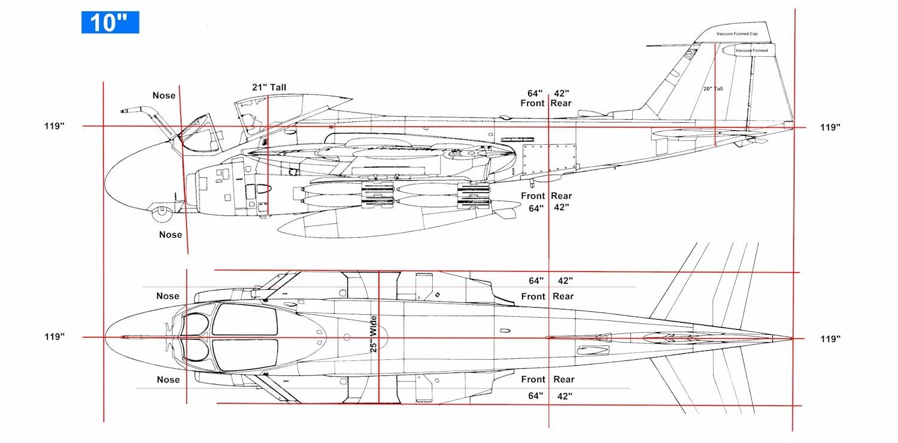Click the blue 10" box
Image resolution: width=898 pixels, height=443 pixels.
(x=110, y=22)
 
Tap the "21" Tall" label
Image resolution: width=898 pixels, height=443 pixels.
(x=269, y=87)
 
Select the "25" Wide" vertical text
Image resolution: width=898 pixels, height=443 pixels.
(x=374, y=333)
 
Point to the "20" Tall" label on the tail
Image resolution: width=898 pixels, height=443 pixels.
(x=713, y=89)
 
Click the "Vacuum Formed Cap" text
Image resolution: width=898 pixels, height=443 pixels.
(x=737, y=34)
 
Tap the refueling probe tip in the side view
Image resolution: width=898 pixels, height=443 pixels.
(x=124, y=111)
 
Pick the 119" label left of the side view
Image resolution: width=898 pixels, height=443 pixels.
(x=54, y=126)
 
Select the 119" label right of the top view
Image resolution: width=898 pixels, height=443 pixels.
(x=830, y=339)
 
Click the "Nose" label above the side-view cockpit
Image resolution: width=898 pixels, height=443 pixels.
(x=164, y=96)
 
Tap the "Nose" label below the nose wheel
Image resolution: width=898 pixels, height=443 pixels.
(x=171, y=235)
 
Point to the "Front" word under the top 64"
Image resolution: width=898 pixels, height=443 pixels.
(x=533, y=296)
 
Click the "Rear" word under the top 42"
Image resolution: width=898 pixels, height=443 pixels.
(x=563, y=296)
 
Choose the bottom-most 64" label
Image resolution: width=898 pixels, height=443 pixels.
(x=535, y=396)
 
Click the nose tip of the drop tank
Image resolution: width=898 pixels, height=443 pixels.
(x=280, y=230)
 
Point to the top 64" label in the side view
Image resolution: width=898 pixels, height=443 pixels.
(x=535, y=93)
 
